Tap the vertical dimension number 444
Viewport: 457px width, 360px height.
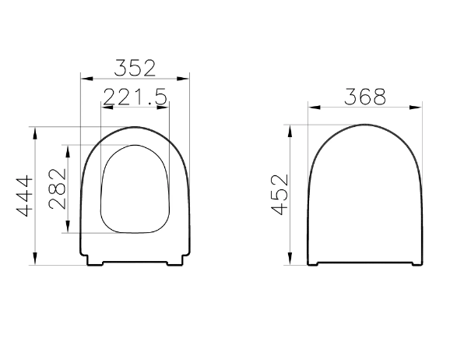coord(25,196)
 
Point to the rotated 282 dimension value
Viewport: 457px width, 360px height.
coord(57,189)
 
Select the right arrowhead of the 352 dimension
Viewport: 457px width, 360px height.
coord(185,78)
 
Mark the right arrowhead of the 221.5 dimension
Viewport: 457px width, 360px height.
coord(165,108)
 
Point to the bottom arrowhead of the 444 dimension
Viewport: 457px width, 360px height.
coord(36,261)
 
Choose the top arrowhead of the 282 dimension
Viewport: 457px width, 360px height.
coord(69,150)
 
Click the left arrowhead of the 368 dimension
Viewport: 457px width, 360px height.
coord(312,108)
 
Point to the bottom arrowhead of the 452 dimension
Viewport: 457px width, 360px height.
coord(290,261)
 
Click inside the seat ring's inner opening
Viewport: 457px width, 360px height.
coord(135,189)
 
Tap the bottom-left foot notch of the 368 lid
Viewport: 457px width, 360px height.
coord(313,263)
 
